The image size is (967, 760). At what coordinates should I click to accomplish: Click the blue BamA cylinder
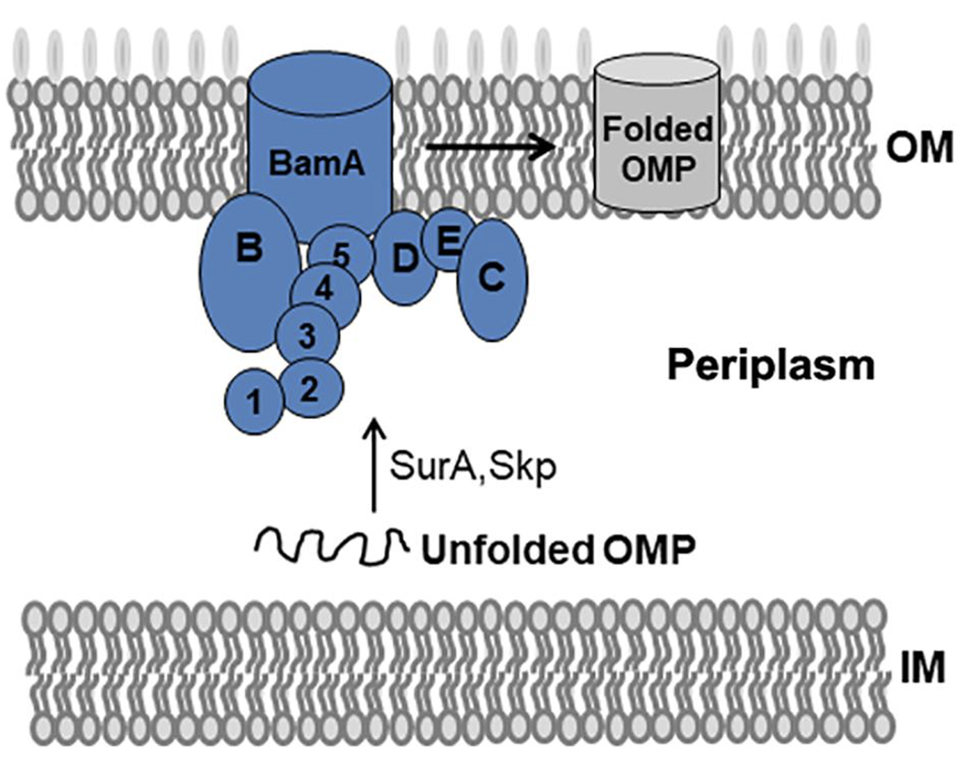click(x=319, y=139)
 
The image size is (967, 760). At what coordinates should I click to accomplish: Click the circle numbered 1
click(x=254, y=402)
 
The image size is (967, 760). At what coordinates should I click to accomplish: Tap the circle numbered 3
click(x=307, y=336)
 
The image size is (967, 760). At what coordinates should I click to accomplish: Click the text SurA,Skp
click(x=473, y=466)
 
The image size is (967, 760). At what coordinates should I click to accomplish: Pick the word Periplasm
click(x=771, y=365)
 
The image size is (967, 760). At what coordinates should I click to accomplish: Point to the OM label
click(x=919, y=148)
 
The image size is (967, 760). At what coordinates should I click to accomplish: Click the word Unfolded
click(x=506, y=550)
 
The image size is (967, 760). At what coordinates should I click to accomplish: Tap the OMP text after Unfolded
click(x=648, y=550)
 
